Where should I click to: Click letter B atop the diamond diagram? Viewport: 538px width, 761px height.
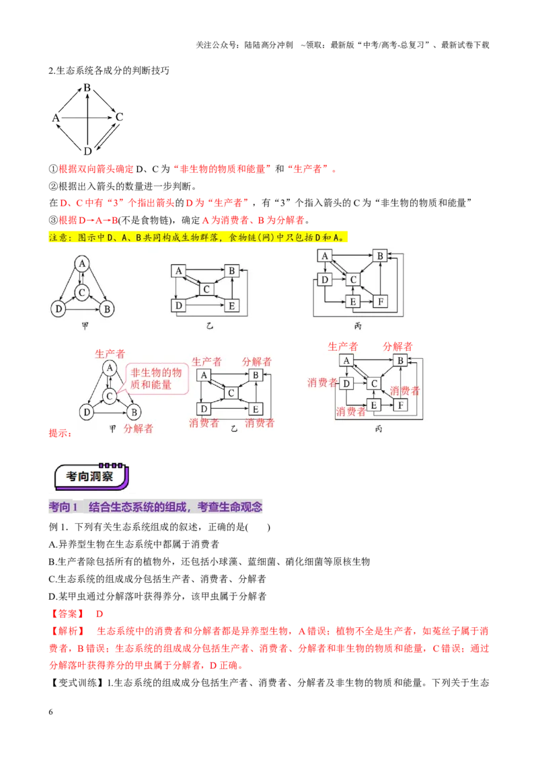click(87, 88)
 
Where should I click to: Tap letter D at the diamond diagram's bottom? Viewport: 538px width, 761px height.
click(87, 151)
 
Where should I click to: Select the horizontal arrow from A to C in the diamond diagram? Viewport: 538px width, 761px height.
click(87, 118)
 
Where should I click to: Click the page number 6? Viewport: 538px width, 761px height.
click(50, 712)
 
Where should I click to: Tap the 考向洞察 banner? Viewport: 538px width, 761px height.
click(91, 476)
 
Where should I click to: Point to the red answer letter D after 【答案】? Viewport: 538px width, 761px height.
click(99, 614)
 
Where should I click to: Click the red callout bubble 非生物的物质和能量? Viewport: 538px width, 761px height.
click(156, 378)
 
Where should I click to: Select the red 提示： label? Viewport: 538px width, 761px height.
click(61, 433)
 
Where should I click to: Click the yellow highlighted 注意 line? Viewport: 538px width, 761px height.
click(198, 238)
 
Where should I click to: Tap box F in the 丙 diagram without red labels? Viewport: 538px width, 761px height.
click(381, 301)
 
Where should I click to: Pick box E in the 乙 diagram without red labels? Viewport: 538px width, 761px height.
click(231, 306)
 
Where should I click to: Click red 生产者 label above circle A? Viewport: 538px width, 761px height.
click(110, 354)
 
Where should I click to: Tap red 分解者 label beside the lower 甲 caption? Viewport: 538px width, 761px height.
click(139, 428)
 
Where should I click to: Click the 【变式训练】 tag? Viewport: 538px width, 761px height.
click(77, 683)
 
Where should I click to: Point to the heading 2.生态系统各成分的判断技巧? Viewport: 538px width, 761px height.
click(109, 71)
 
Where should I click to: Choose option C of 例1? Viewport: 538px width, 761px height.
click(157, 579)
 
